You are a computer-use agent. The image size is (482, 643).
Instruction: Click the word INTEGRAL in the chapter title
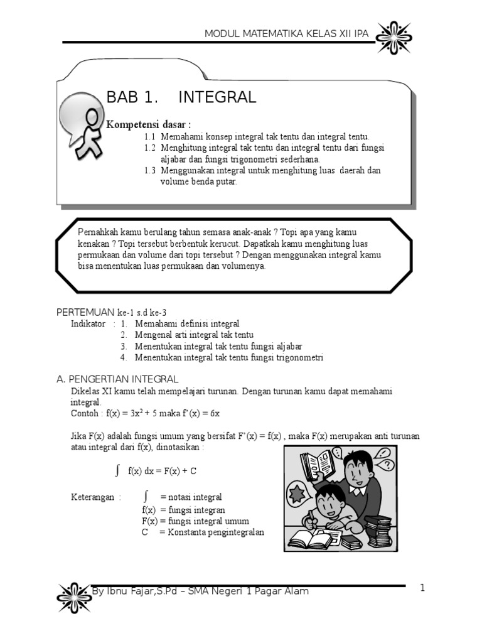(x=217, y=97)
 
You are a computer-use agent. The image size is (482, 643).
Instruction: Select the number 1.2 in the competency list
(x=149, y=148)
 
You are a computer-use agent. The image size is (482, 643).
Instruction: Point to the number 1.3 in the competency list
(x=149, y=171)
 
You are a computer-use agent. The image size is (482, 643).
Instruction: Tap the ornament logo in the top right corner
(x=394, y=36)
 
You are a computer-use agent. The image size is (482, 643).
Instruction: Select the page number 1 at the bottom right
(x=422, y=588)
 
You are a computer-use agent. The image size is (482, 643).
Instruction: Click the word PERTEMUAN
(x=85, y=312)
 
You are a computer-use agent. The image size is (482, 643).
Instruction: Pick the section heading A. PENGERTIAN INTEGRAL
(x=117, y=379)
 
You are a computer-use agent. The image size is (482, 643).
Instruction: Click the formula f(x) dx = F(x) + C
(x=162, y=470)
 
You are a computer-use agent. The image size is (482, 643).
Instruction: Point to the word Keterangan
(x=92, y=497)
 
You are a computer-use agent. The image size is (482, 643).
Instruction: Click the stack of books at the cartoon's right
(x=378, y=531)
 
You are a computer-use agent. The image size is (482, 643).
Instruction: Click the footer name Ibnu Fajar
(x=131, y=592)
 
